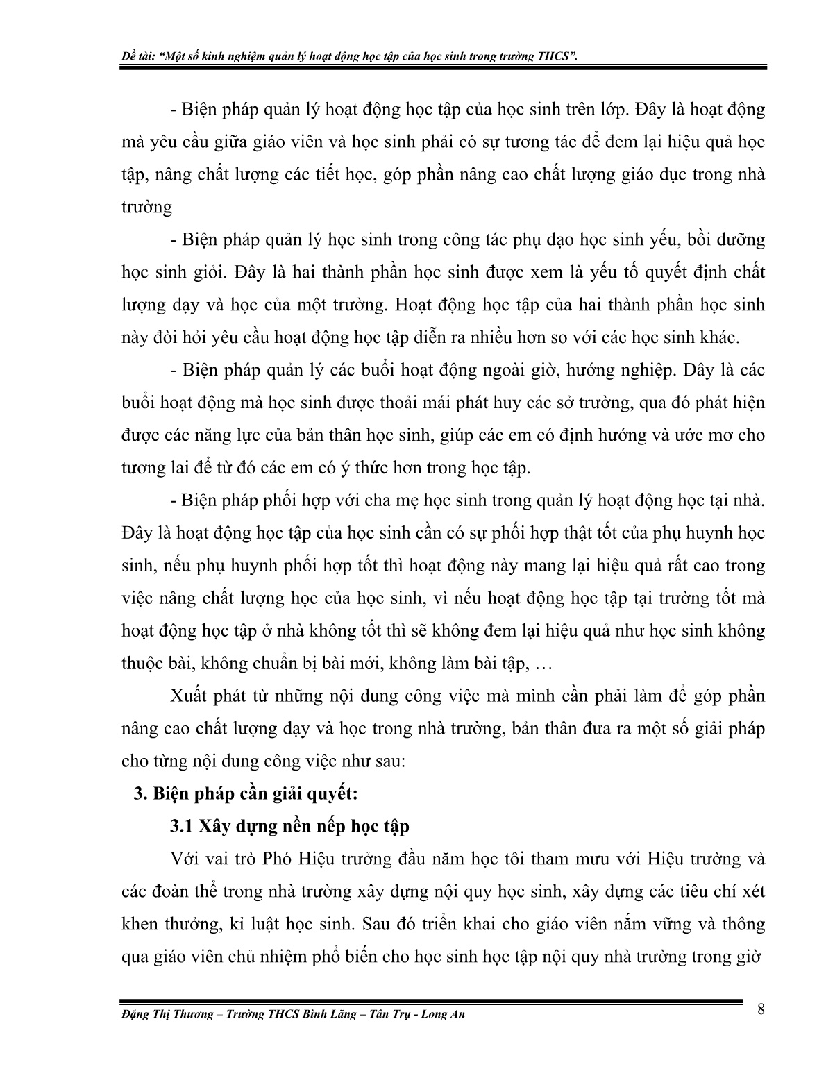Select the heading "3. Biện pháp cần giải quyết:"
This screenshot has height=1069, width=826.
click(x=245, y=793)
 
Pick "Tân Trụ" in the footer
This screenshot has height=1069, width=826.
click(x=382, y=1014)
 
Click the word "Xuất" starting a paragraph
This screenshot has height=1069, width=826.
click(x=187, y=696)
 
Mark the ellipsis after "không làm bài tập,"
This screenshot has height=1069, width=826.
click(x=543, y=664)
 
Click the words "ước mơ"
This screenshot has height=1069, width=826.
click(x=715, y=435)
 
